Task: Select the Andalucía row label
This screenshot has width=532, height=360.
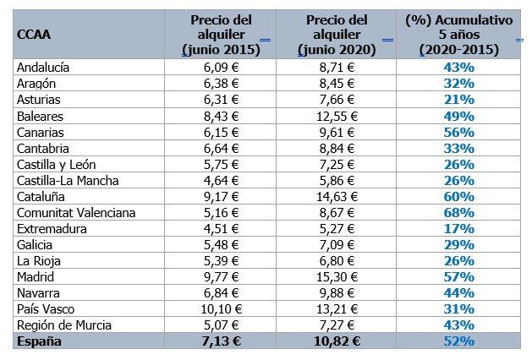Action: click(x=43, y=67)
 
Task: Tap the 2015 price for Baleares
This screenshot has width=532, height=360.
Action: click(x=223, y=115)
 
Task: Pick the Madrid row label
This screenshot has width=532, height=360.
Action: click(x=36, y=276)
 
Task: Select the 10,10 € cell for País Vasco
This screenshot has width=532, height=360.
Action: click(x=223, y=308)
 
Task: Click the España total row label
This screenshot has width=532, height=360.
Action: click(x=39, y=341)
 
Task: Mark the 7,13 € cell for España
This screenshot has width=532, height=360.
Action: click(x=223, y=341)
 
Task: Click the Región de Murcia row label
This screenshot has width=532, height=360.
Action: click(x=61, y=325)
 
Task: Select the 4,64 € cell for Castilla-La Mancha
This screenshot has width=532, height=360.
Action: click(x=223, y=180)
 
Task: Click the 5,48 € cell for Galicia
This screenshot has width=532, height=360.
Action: click(x=223, y=244)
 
